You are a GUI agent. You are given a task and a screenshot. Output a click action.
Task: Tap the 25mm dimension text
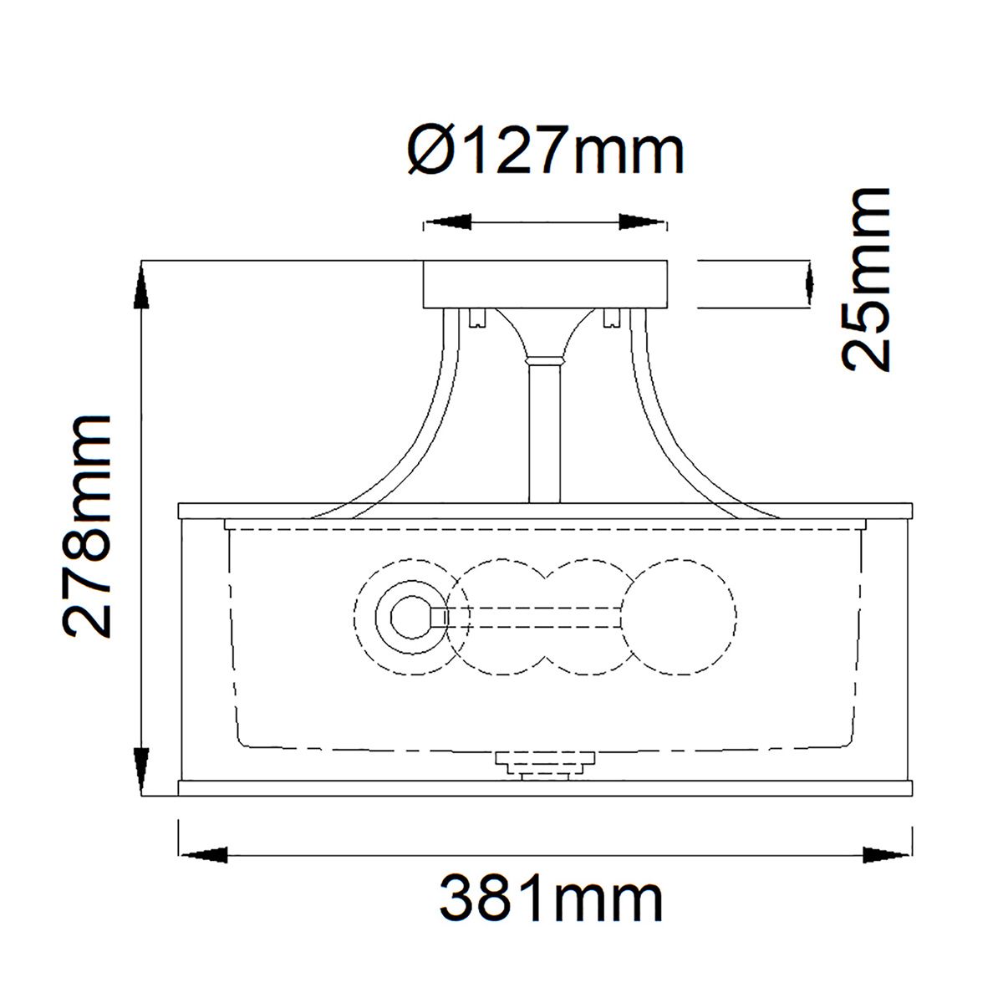865,280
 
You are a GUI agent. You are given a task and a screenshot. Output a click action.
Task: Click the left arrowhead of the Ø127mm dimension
448,222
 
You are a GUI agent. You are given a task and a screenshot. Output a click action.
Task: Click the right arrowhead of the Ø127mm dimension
642,222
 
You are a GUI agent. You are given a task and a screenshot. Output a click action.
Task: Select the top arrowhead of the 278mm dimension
141,286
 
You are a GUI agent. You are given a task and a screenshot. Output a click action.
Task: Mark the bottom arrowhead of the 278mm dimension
141,771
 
